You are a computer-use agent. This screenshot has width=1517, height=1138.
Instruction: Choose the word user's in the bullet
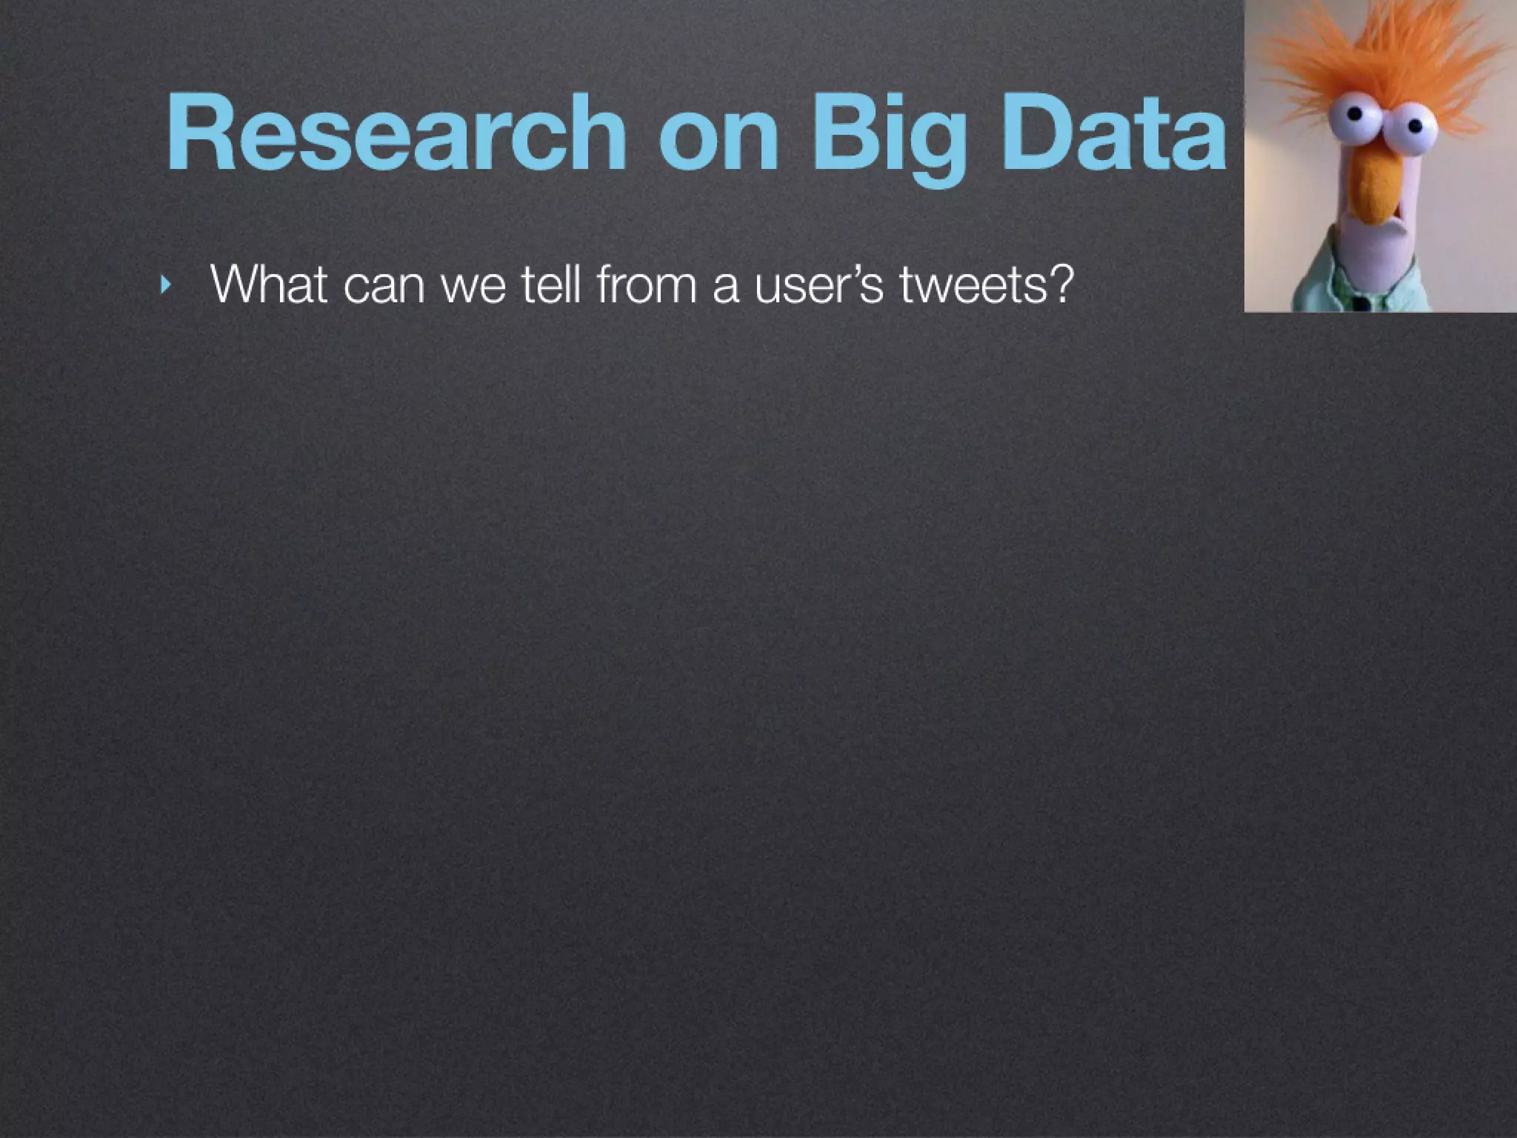[818, 284]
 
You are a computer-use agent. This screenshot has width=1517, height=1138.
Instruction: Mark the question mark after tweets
[1060, 282]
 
